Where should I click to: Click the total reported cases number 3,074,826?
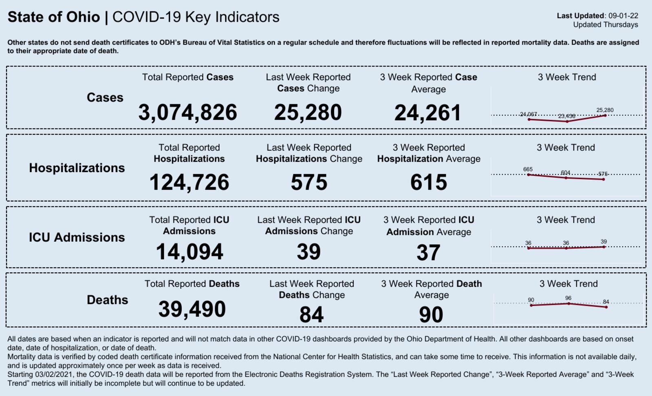(x=187, y=113)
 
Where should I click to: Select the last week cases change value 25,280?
(x=308, y=113)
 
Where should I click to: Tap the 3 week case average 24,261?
(x=427, y=113)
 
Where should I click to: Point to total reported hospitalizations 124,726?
(x=189, y=182)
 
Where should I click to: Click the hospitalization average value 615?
(x=428, y=182)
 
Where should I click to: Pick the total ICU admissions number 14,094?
(x=189, y=252)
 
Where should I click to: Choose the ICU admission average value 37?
(x=428, y=252)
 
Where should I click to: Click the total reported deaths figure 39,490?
(x=192, y=309)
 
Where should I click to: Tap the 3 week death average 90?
(x=431, y=315)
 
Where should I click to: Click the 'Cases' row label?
(x=105, y=97)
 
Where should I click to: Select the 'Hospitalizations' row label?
(x=77, y=168)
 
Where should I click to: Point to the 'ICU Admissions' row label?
(x=77, y=237)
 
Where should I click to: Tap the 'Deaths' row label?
(x=107, y=300)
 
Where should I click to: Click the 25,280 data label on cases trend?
(x=605, y=110)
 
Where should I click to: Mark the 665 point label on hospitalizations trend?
(x=528, y=169)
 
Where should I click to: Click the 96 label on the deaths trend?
(x=568, y=298)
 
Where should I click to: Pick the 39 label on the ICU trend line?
(x=604, y=241)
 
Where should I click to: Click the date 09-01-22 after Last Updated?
(x=623, y=16)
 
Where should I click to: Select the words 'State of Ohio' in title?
(x=54, y=17)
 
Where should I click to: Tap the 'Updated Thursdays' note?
(x=606, y=25)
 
